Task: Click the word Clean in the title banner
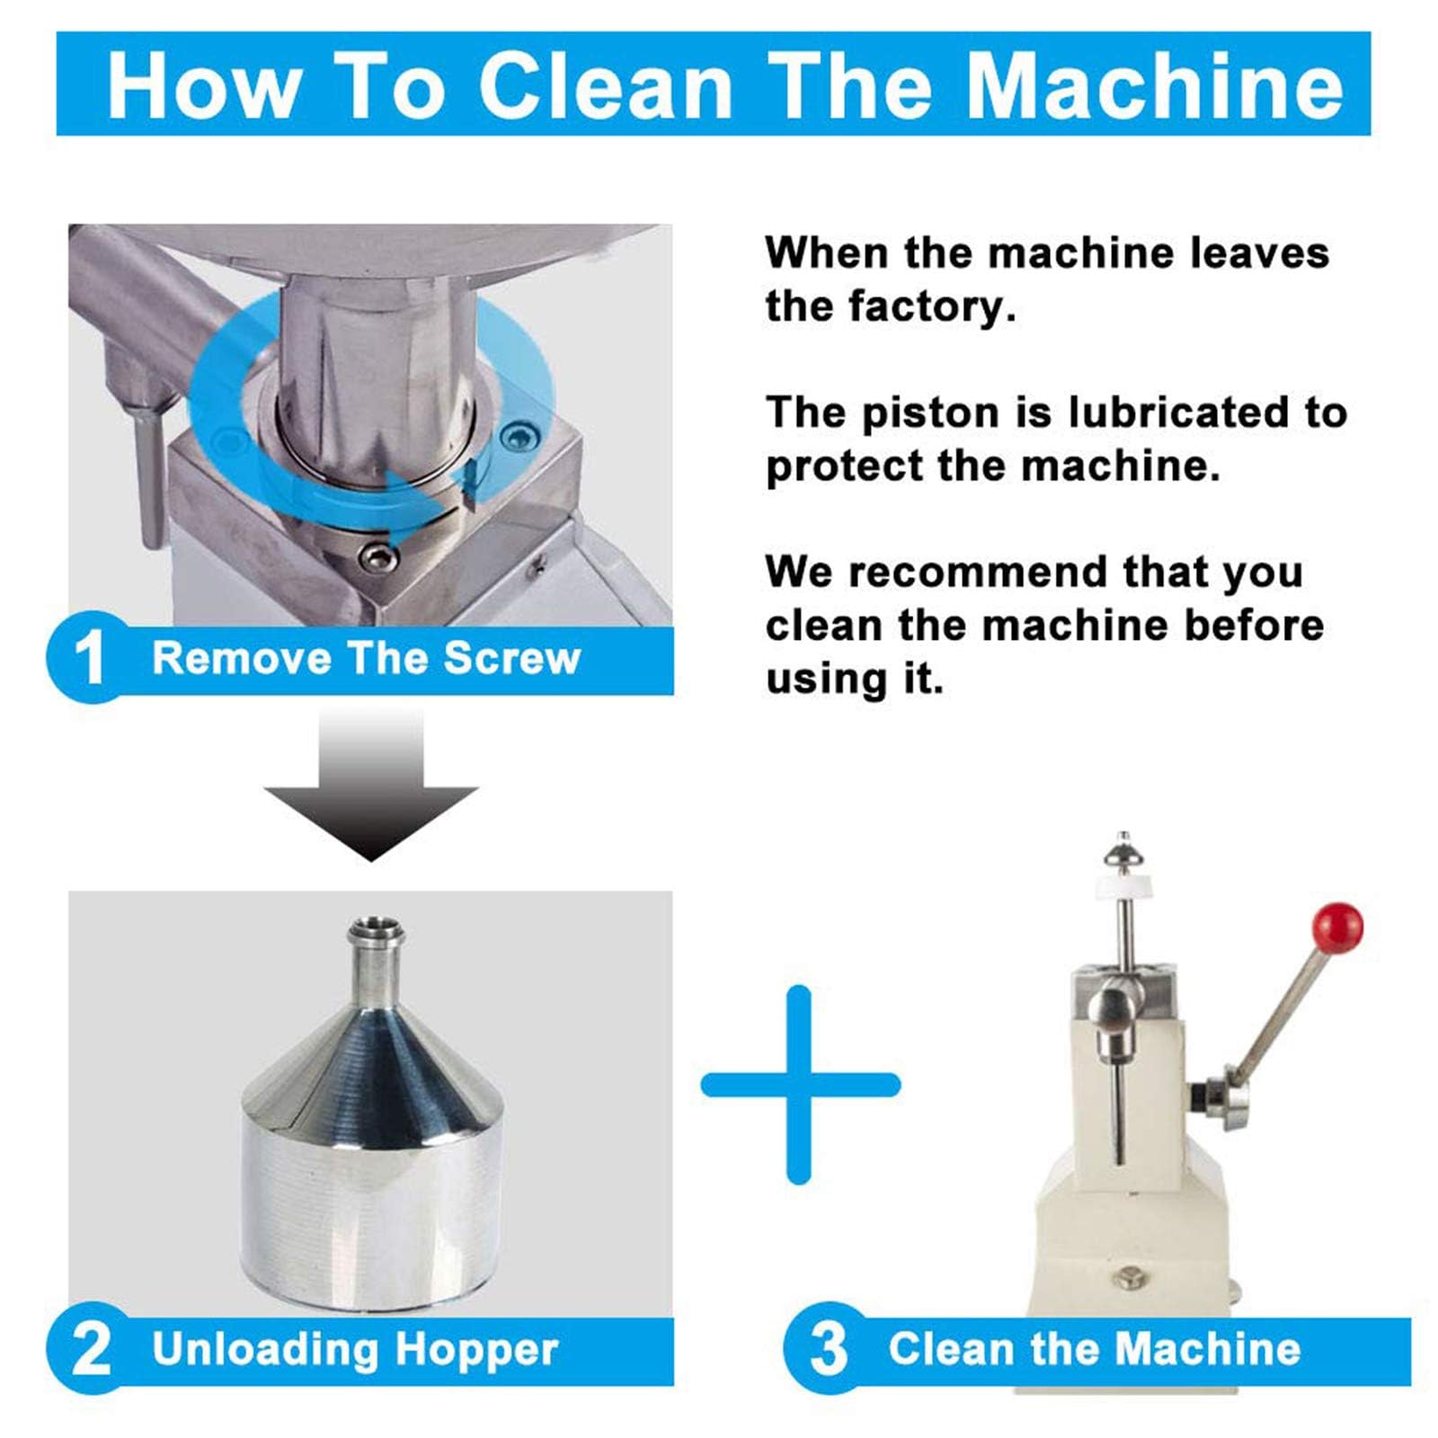click(606, 86)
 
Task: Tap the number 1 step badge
click(91, 657)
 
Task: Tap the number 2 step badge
click(91, 1348)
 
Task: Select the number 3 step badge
click(828, 1348)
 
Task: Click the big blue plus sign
click(800, 1085)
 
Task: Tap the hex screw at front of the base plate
click(377, 556)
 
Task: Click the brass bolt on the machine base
click(1127, 1276)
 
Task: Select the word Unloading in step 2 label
click(265, 1348)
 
